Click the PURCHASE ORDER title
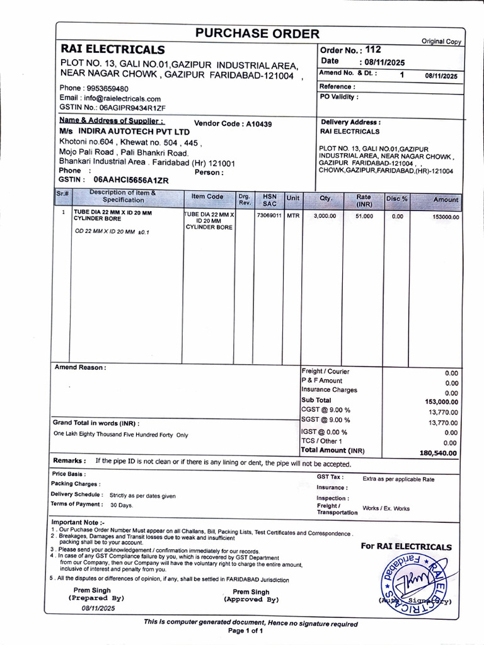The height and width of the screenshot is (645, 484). pos(256,34)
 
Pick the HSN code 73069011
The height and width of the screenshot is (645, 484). pos(269,215)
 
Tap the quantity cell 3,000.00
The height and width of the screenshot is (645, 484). pos(325,215)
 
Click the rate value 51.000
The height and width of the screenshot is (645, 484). pos(364,215)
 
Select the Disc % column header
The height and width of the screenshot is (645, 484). pos(396,199)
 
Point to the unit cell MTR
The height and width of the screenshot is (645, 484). pos(293,215)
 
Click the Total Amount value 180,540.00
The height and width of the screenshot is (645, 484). pos(439,453)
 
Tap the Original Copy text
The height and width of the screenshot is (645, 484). pos(441,42)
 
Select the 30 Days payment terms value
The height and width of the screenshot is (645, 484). pos(122,505)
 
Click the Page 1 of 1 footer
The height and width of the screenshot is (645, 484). pos(246,631)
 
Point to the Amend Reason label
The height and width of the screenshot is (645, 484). pos(81,367)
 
